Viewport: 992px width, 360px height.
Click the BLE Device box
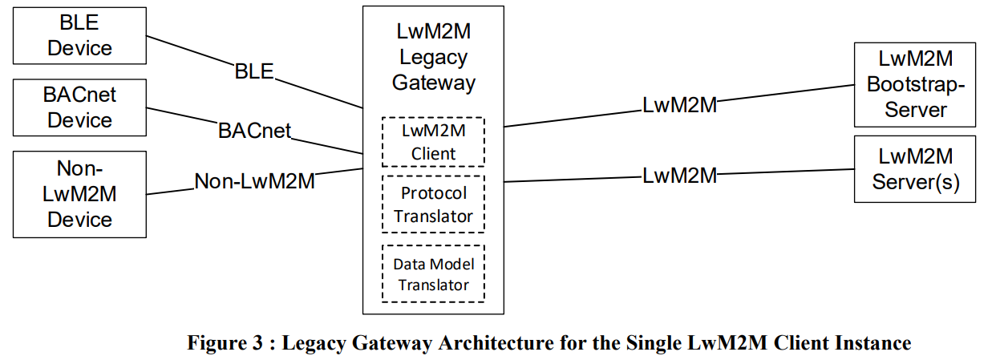click(80, 35)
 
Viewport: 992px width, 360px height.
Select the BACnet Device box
click(80, 107)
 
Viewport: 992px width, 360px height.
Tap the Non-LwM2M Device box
click(80, 194)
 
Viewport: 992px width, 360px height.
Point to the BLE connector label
click(254, 71)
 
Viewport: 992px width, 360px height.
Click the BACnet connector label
click(254, 130)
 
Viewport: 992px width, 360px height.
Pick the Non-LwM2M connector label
click(254, 181)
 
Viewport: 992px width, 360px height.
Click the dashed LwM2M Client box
click(433, 142)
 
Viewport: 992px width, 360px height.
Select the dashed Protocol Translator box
click(433, 204)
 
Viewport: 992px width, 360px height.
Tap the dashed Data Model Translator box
click(433, 274)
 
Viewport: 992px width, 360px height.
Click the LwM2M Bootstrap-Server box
click(915, 84)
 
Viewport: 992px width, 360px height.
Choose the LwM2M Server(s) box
click(915, 168)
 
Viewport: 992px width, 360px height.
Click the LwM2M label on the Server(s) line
click(679, 175)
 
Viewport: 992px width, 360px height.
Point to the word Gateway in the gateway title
click(433, 82)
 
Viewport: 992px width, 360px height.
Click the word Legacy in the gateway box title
click(433, 58)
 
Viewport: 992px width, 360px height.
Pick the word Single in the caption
click(647, 344)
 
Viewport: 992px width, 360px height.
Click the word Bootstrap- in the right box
click(915, 84)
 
